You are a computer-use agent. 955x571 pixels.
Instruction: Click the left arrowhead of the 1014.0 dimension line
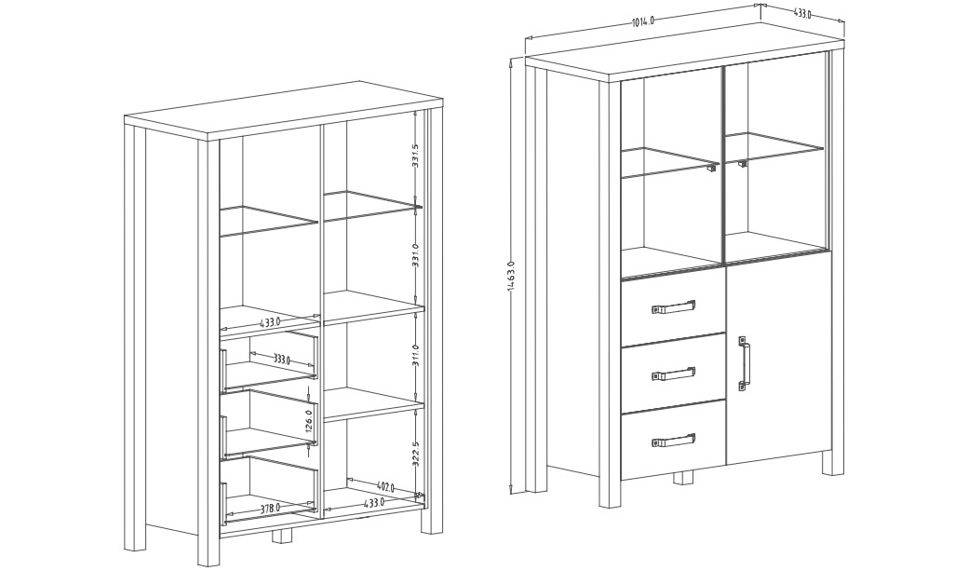pyautogui.click(x=528, y=38)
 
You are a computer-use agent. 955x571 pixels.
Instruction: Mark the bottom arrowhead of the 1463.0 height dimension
pyautogui.click(x=510, y=490)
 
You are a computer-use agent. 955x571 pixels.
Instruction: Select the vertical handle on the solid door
pyautogui.click(x=744, y=363)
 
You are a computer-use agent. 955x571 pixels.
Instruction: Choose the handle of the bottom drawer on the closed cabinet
pyautogui.click(x=672, y=441)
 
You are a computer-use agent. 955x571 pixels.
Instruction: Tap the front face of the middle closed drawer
pyautogui.click(x=673, y=373)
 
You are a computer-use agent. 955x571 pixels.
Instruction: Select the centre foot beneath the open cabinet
pyautogui.click(x=281, y=536)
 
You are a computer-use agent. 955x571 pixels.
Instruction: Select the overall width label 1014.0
pyautogui.click(x=642, y=22)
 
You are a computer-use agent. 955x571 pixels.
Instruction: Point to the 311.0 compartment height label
pyautogui.click(x=415, y=355)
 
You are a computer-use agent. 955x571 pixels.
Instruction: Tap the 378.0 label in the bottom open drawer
pyautogui.click(x=271, y=507)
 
